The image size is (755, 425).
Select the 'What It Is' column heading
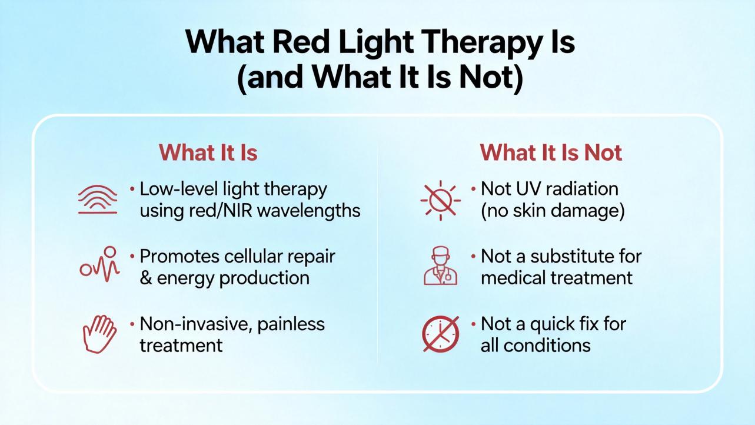(208, 152)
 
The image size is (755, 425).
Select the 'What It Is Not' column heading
(551, 152)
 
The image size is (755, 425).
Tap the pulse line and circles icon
(100, 264)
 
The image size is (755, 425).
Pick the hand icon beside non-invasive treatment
(100, 334)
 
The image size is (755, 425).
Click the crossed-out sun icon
(441, 200)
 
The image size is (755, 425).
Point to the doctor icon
(441, 265)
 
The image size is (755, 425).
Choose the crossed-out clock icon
(441, 334)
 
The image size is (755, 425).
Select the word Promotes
(179, 257)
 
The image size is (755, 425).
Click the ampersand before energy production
(145, 278)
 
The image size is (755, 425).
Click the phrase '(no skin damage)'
(553, 211)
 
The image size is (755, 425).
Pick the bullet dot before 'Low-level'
(132, 189)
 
